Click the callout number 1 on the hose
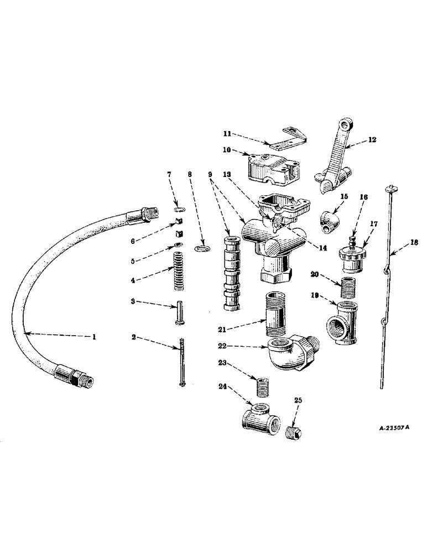click(94, 336)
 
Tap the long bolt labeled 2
click(182, 365)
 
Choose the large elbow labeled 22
click(290, 353)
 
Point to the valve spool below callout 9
click(232, 274)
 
